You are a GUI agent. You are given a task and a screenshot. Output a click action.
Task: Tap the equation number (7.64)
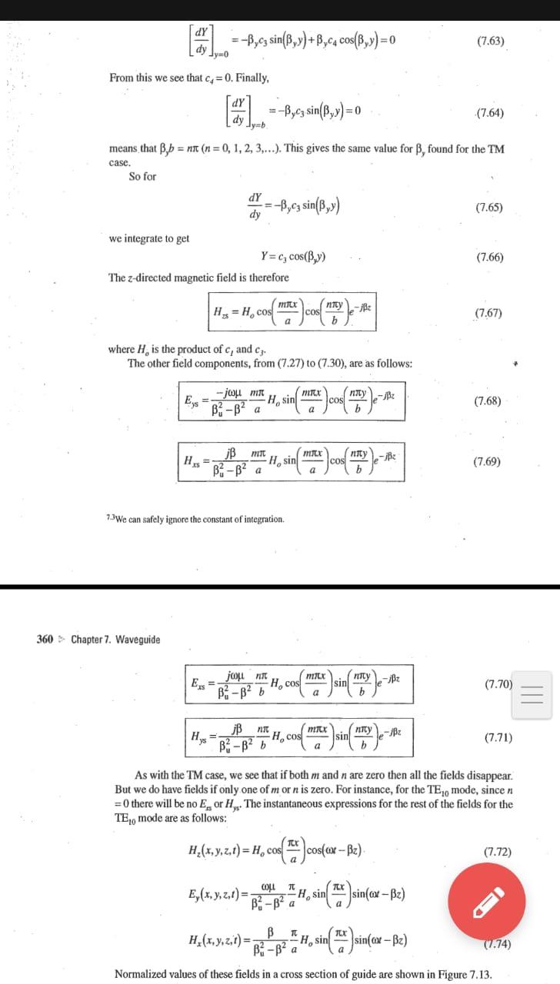(490, 113)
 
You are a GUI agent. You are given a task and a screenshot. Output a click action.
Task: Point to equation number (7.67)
(489, 313)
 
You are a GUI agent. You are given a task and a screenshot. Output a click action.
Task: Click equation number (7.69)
(488, 461)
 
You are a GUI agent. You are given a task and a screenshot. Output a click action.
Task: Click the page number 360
(45, 639)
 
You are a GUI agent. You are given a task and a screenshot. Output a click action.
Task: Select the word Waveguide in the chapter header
(138, 639)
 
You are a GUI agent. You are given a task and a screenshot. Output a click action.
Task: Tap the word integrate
(150, 238)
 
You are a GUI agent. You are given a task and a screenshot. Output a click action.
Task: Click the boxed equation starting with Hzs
(291, 312)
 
